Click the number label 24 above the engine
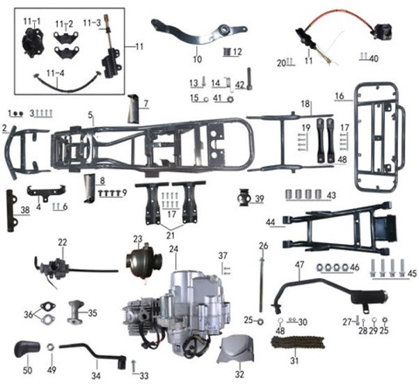click(x=173, y=249)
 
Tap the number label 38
click(x=25, y=208)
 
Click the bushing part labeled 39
click(x=243, y=199)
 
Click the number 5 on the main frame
click(x=90, y=114)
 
